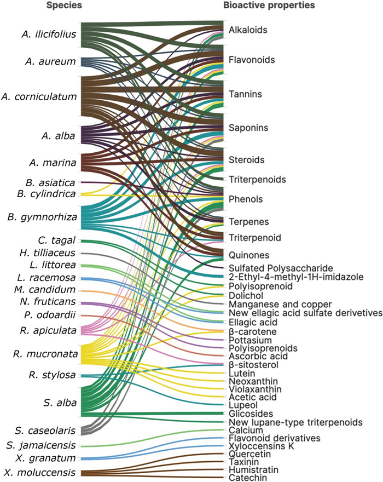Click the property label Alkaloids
[x=248, y=30]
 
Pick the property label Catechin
[x=246, y=478]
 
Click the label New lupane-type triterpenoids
[x=288, y=422]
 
